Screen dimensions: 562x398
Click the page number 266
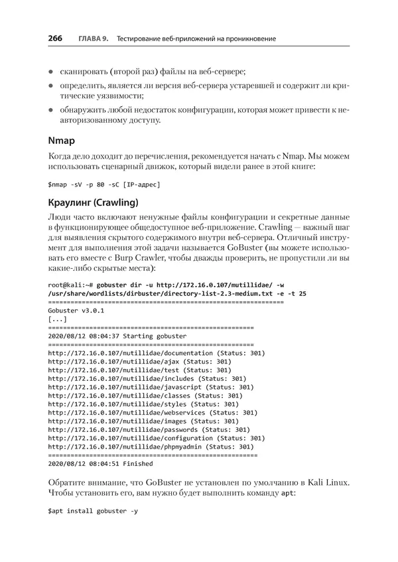click(55, 38)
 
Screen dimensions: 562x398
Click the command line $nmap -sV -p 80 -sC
click(104, 183)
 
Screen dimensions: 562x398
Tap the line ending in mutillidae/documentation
click(157, 353)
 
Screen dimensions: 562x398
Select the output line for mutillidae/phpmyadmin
click(151, 447)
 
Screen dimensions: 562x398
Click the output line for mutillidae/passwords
click(149, 429)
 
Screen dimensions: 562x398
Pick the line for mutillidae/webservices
click(153, 412)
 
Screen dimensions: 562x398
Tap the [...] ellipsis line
click(58, 318)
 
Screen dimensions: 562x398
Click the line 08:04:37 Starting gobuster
click(117, 336)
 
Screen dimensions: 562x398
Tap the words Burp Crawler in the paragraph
click(147, 258)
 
